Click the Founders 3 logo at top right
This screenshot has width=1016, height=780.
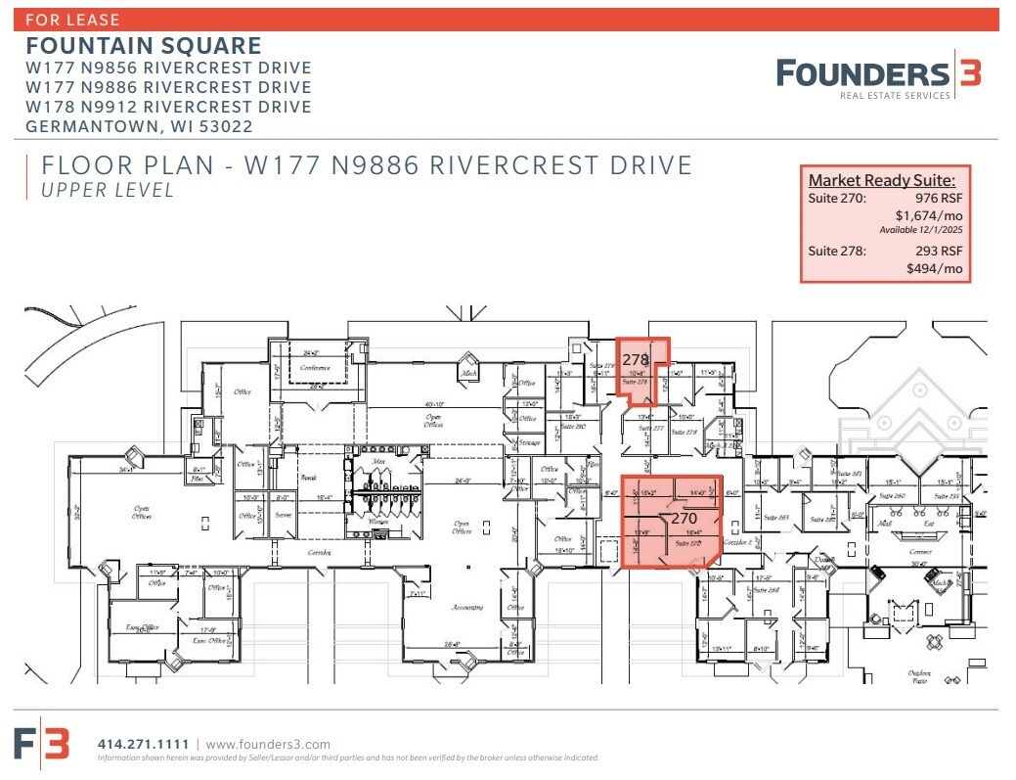(x=878, y=76)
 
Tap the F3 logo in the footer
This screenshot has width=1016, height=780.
(x=42, y=744)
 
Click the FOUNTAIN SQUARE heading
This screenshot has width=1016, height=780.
(x=144, y=45)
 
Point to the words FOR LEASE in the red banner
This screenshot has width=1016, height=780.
(x=74, y=19)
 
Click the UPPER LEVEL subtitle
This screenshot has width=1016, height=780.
(x=107, y=191)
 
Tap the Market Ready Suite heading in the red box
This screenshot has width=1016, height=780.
(x=882, y=179)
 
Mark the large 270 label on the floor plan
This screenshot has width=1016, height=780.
(x=683, y=518)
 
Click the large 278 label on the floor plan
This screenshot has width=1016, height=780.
(x=636, y=360)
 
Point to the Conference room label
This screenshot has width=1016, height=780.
(x=315, y=368)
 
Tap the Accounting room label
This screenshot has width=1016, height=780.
(x=466, y=608)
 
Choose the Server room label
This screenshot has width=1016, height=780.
(x=284, y=514)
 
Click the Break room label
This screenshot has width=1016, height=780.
(x=308, y=477)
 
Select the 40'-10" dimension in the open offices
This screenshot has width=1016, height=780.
(x=435, y=404)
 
